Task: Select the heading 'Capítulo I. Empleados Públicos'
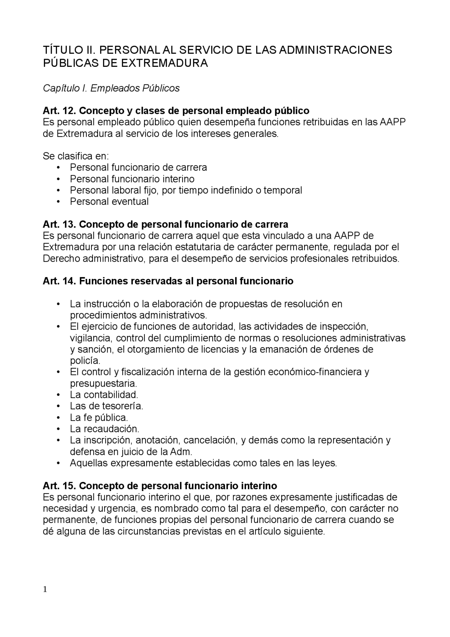[111, 88]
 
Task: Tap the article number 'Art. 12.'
[59, 111]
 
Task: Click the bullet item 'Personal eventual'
[109, 202]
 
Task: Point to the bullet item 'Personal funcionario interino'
[132, 179]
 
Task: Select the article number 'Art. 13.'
[59, 224]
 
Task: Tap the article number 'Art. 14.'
[59, 281]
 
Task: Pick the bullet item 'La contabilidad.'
[104, 395]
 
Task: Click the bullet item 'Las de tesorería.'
[106, 406]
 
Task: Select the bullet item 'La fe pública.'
[99, 418]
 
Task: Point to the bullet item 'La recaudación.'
[104, 429]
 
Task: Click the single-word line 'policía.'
[85, 361]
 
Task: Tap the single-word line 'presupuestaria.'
[103, 383]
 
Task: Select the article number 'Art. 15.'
[59, 486]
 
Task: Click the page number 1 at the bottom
[45, 590]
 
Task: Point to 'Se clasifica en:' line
[76, 156]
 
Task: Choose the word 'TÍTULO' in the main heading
[60, 50]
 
